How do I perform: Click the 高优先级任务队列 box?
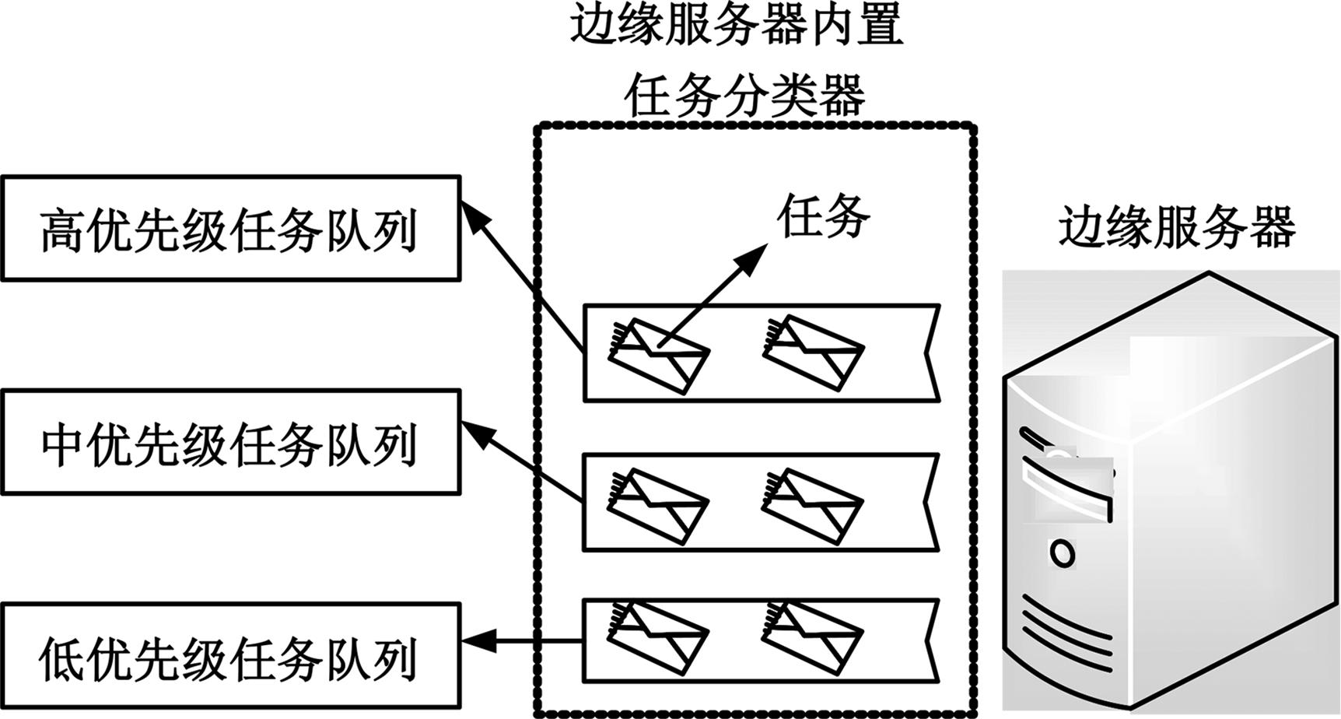pos(230,229)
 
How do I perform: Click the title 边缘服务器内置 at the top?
pos(736,25)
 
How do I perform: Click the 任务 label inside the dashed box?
pos(823,216)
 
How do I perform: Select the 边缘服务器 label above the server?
pos(1176,227)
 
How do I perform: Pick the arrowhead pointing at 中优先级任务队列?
pos(475,431)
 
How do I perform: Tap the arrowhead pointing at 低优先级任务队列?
pos(476,641)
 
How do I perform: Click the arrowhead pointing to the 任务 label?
pos(754,258)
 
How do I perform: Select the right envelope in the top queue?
pos(812,352)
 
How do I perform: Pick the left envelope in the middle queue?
pos(658,506)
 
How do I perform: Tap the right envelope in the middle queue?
pos(812,506)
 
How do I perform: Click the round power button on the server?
pos(1062,553)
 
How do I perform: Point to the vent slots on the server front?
pos(1066,626)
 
